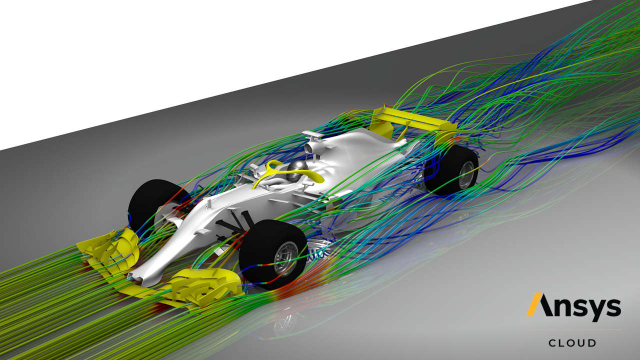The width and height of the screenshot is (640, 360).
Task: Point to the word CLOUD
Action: pyautogui.click(x=572, y=343)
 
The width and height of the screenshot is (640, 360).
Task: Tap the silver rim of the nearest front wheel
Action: pyautogui.click(x=285, y=259)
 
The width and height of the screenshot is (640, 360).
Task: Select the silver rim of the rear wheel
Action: pyautogui.click(x=466, y=175)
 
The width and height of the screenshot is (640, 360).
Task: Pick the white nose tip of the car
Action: pyautogui.click(x=134, y=275)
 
